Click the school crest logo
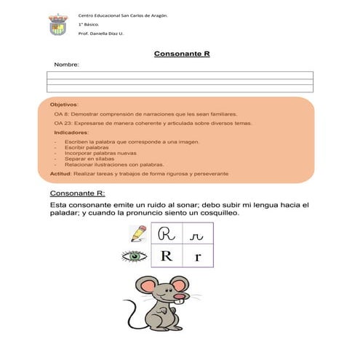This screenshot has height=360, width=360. pyautogui.click(x=58, y=26)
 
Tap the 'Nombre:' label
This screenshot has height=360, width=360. pyautogui.click(x=66, y=65)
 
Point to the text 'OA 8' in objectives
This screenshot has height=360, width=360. pyautogui.click(x=61, y=115)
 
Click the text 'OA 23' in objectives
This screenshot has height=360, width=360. pyautogui.click(x=63, y=124)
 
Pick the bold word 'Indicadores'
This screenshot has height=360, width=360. pyautogui.click(x=71, y=133)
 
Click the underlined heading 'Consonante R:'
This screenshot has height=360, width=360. pyautogui.click(x=77, y=193)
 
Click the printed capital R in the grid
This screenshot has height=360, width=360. pyautogui.click(x=167, y=256)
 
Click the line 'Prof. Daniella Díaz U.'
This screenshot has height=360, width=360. pyautogui.click(x=100, y=33)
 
